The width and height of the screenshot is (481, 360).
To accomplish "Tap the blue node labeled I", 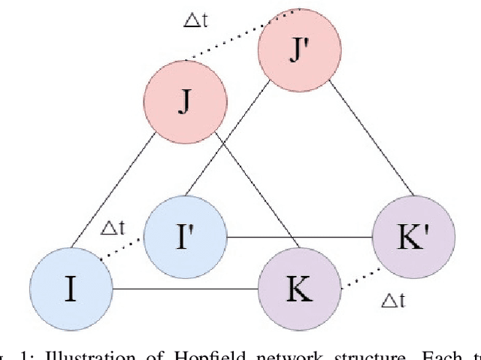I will (70, 289).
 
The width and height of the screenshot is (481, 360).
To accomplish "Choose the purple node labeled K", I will (299, 289).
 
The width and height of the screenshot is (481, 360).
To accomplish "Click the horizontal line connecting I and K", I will (184, 289).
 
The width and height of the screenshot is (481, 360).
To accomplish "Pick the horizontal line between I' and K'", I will (301, 237).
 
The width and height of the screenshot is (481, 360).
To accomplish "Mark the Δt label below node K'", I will (393, 301).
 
